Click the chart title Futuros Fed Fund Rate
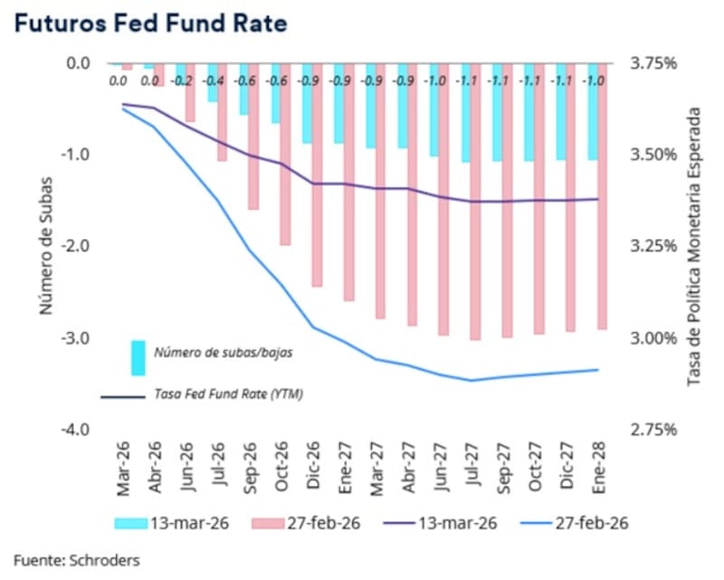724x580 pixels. click(150, 24)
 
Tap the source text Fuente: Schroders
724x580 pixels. click(77, 560)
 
